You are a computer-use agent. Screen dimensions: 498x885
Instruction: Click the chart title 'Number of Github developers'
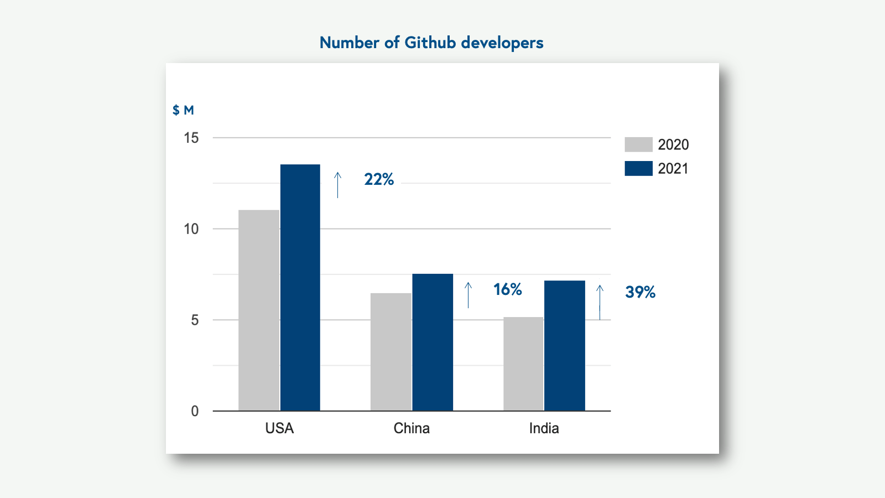(x=431, y=43)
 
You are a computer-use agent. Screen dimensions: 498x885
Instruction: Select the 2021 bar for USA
(x=300, y=288)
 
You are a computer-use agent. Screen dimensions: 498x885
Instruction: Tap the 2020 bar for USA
(x=259, y=310)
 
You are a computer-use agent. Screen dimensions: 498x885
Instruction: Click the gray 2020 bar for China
(x=391, y=352)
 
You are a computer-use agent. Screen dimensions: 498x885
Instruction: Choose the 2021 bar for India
(x=564, y=345)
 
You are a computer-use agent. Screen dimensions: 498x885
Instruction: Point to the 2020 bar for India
(x=523, y=364)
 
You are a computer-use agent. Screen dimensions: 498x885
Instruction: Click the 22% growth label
(x=379, y=179)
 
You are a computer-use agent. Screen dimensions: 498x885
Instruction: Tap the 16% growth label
(x=507, y=289)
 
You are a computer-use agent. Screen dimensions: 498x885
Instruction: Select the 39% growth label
(x=640, y=292)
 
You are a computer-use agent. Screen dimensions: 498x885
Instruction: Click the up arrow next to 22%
(x=337, y=185)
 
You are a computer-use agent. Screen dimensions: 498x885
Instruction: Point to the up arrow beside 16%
(x=468, y=295)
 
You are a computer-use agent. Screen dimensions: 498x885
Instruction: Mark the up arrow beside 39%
(x=600, y=302)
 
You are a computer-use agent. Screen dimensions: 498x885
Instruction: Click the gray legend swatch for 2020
(x=638, y=144)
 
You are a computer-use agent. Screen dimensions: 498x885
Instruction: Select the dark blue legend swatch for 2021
(x=638, y=168)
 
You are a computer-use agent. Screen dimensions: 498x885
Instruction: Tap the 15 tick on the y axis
(x=191, y=138)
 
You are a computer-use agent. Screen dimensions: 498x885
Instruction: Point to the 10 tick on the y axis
(x=191, y=229)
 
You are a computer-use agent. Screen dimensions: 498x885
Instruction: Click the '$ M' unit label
(x=183, y=110)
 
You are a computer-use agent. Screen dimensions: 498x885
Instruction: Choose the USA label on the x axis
(x=279, y=428)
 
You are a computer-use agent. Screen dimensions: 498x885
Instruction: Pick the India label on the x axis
(x=544, y=428)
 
